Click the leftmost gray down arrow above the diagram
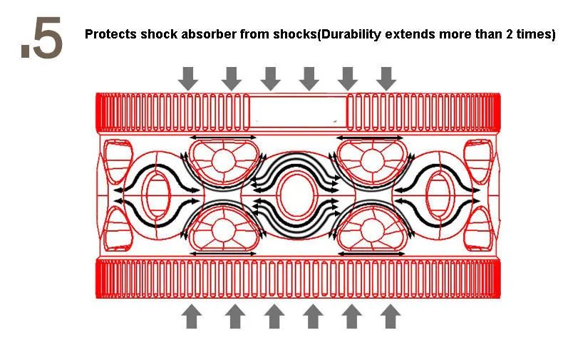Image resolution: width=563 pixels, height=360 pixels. pos(188,78)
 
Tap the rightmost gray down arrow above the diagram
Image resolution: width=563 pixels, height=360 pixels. pos(386,78)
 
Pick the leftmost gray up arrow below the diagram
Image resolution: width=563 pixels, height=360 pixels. pos(190,315)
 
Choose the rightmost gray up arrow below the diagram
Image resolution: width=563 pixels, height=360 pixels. pos(389,315)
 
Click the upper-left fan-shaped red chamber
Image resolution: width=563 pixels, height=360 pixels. pos(222,160)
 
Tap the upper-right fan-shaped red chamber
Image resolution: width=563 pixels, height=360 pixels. pos(370,160)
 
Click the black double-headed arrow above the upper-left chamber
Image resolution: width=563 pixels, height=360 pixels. pos(222,136)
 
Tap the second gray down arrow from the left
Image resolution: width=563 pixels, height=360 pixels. pos(231,78)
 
